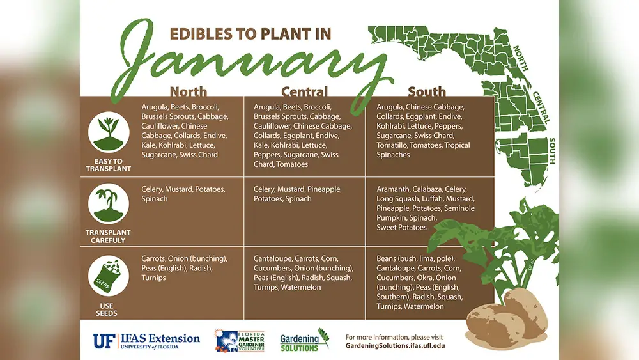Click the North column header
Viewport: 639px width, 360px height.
pos(189,91)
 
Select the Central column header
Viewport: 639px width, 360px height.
pos(304,91)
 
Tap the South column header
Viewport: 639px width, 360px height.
pos(427,91)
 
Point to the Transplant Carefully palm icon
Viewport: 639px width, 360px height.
pos(109,203)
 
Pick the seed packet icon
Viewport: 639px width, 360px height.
pos(109,276)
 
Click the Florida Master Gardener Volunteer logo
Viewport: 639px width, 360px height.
pos(240,340)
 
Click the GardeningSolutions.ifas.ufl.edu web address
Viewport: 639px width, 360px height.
pos(396,346)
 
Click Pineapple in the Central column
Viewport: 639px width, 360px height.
pos(325,189)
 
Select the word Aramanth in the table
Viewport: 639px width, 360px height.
pos(393,189)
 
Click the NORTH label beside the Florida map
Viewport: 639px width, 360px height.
pos(520,58)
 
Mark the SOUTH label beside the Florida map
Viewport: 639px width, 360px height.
pos(552,151)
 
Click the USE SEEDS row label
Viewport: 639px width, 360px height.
pos(106,309)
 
